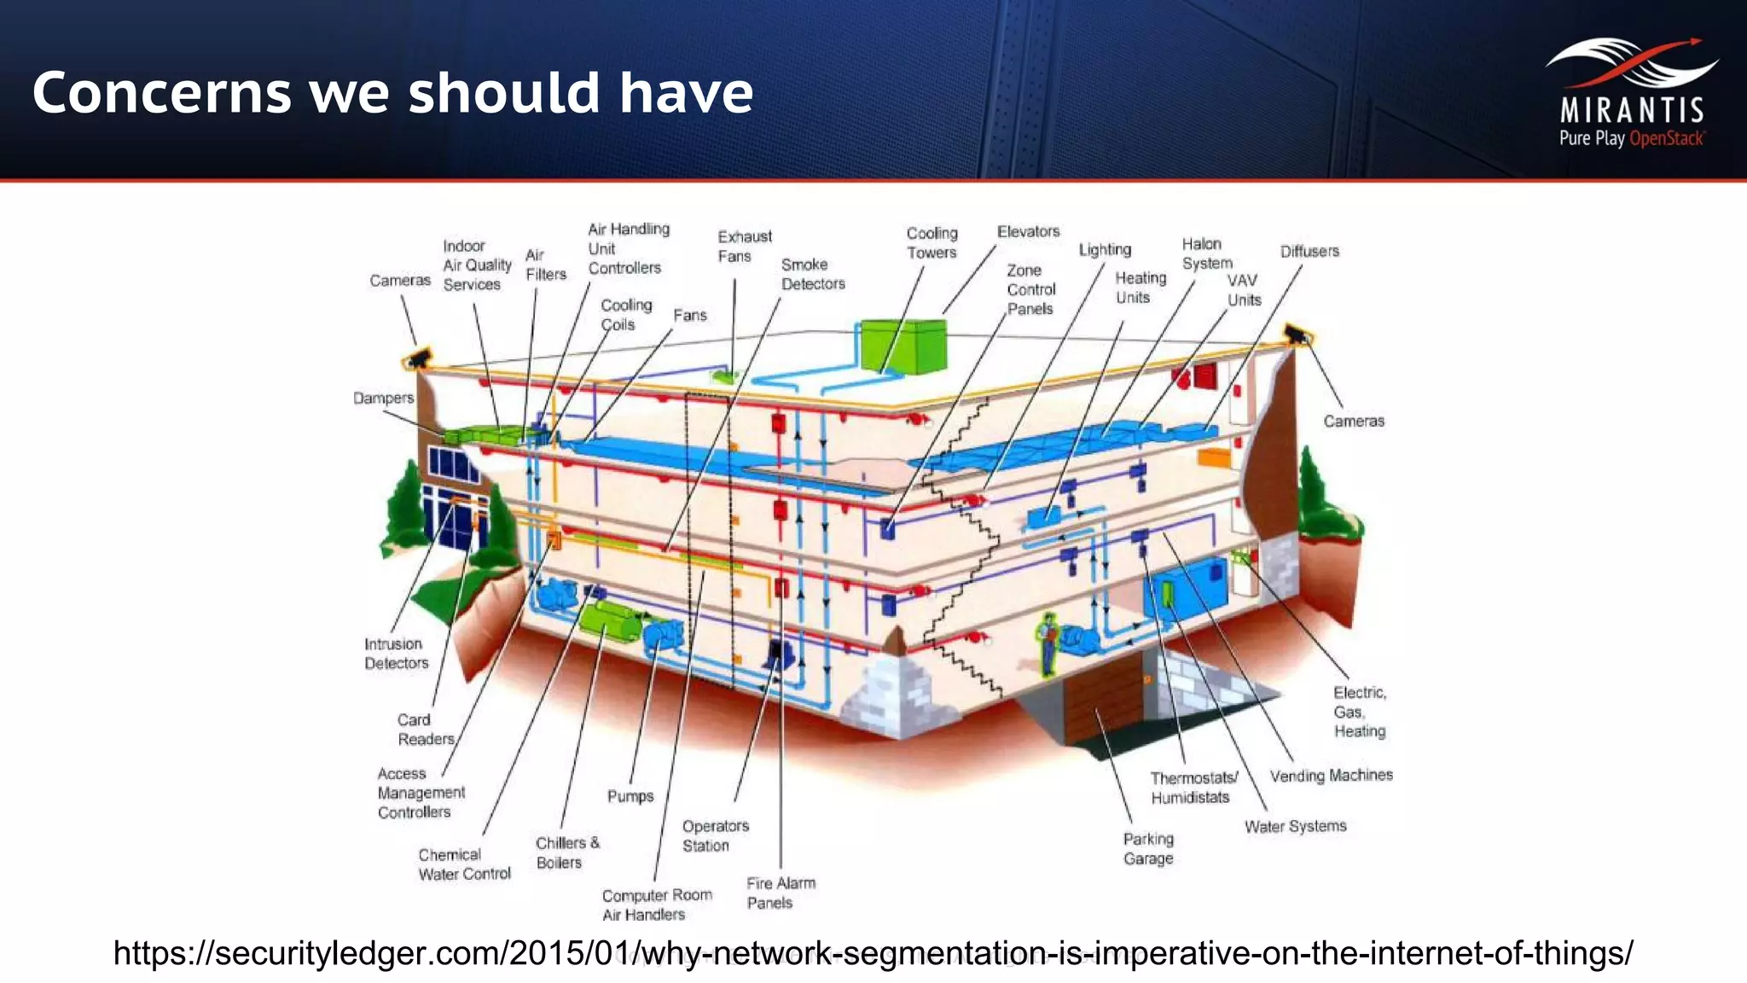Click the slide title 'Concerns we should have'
pos(392,92)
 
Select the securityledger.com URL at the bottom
pos(873,952)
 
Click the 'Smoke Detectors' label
pos(812,274)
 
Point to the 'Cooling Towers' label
pos(932,243)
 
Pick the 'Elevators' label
pos(1028,231)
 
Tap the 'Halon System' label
pos(1206,253)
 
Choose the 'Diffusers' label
pos(1309,251)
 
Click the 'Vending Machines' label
pos(1331,775)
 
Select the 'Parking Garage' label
pos(1148,848)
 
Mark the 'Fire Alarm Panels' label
pos(781,893)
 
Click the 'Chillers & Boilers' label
pos(567,852)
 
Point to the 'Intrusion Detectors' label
pos(396,654)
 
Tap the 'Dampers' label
pos(383,398)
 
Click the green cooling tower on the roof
pos(903,346)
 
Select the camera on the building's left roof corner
pos(418,358)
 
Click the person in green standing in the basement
pos(1048,643)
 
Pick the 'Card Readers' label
pos(425,730)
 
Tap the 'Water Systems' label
pos(1295,826)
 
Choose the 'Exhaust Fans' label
pos(744,246)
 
